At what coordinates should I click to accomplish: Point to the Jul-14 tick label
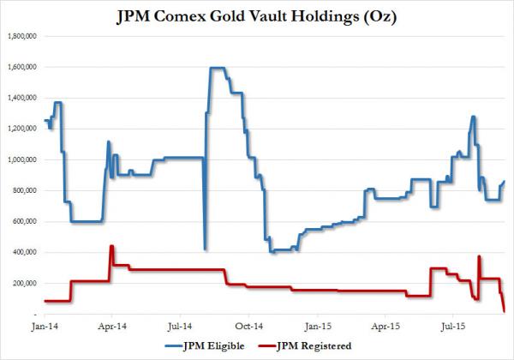tap(180, 327)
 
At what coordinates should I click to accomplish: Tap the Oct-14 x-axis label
tap(248, 327)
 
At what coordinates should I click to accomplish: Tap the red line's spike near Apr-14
tap(111, 247)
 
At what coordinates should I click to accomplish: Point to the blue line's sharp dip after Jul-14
tap(204, 249)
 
